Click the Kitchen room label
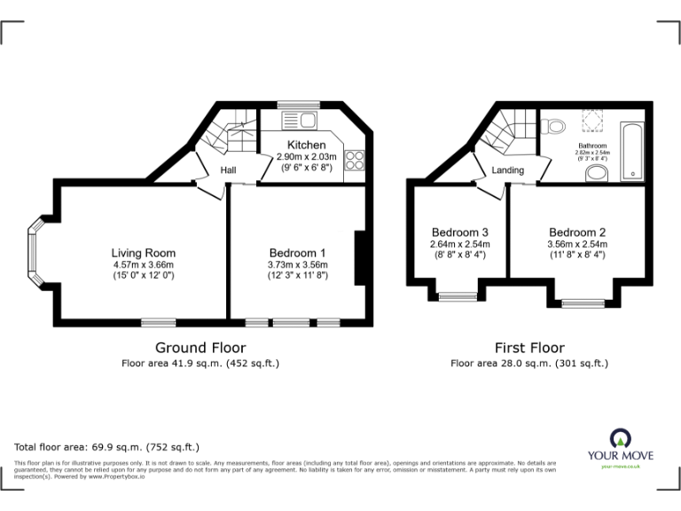click(306, 145)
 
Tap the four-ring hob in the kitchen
click(355, 161)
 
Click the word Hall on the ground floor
click(229, 169)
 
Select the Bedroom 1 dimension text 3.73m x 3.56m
click(297, 264)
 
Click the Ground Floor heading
click(200, 348)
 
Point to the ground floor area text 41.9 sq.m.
click(200, 363)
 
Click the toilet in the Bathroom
click(556, 126)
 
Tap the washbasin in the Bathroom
click(597, 171)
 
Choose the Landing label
click(507, 169)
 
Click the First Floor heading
click(529, 348)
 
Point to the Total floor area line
click(107, 447)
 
